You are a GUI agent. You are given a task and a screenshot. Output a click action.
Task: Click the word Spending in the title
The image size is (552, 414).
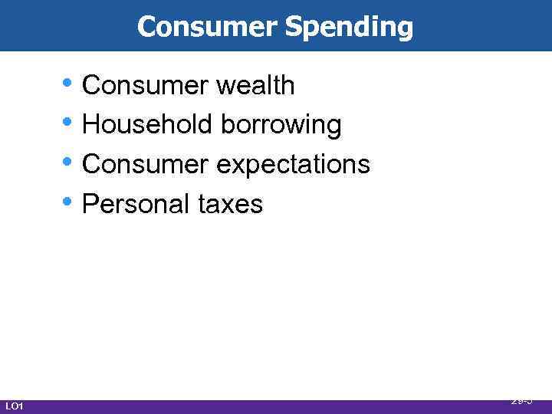[349, 28]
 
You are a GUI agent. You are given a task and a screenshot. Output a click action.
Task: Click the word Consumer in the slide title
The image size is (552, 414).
[208, 27]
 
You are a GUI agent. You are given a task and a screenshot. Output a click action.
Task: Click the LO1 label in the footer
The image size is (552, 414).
[15, 406]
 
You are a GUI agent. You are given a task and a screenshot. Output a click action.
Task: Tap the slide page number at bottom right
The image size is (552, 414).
[521, 400]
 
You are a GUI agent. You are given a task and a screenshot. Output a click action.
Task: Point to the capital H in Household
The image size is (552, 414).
[90, 125]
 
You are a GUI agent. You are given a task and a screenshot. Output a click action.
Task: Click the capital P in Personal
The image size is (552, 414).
[90, 204]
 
